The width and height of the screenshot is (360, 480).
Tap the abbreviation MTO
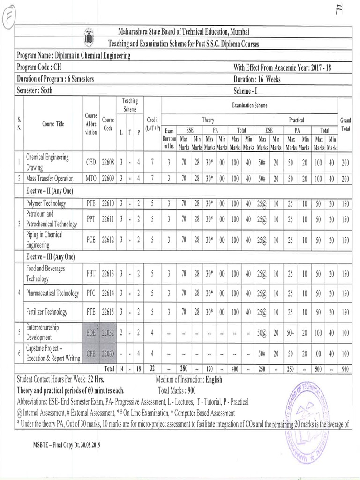(x=91, y=178)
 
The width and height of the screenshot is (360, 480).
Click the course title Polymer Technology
(x=46, y=203)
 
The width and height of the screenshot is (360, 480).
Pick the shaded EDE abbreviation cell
(x=91, y=333)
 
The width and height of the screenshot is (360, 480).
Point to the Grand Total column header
(x=345, y=124)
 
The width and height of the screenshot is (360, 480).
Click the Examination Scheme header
(x=249, y=106)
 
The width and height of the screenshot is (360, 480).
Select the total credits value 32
(x=152, y=369)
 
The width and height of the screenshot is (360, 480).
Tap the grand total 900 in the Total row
(x=345, y=369)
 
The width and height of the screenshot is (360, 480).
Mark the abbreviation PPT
(x=91, y=218)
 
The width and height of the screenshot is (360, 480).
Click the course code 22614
(x=108, y=293)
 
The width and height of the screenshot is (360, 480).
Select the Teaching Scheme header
(x=130, y=105)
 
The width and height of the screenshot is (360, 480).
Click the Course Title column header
(x=53, y=124)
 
